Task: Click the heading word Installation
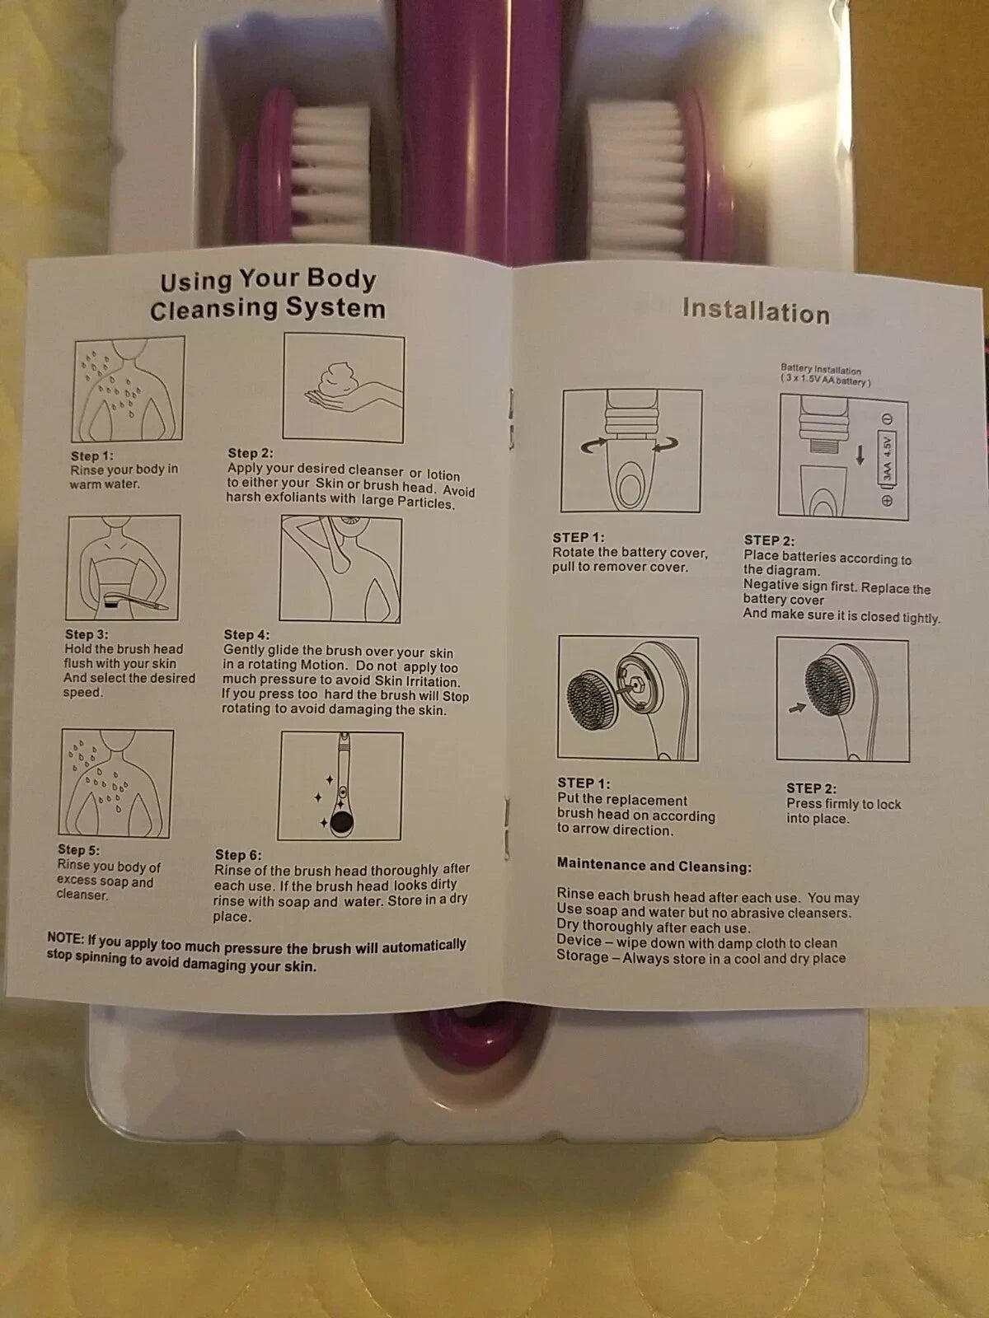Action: click(x=756, y=311)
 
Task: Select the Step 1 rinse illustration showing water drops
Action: click(x=128, y=389)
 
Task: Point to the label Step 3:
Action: click(x=87, y=634)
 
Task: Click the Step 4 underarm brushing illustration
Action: click(x=340, y=568)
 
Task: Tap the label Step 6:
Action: click(x=238, y=854)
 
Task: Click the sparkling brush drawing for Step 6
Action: click(x=340, y=786)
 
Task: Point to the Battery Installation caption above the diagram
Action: click(x=825, y=375)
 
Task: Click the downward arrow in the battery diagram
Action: click(x=860, y=455)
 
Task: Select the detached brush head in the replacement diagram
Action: click(x=592, y=699)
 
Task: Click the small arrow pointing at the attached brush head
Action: click(x=797, y=708)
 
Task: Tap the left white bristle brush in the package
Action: click(x=330, y=173)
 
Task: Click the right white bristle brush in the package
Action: click(x=637, y=178)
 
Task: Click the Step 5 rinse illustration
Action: click(x=116, y=783)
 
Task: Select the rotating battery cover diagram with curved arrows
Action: click(x=631, y=451)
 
